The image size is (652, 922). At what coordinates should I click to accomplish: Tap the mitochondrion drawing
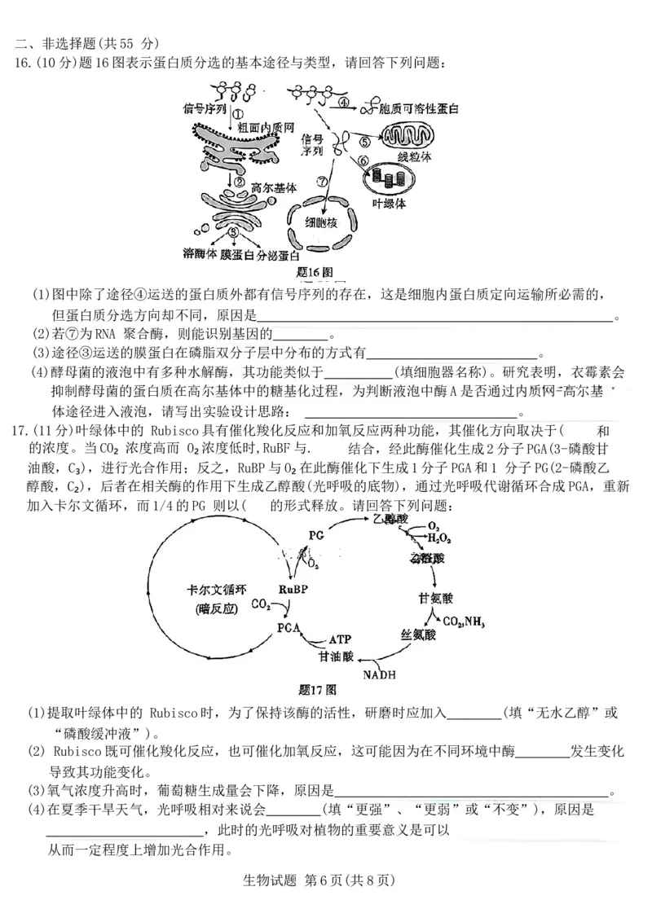pos(410,136)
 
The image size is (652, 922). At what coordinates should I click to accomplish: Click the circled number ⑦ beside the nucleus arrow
pos(323,180)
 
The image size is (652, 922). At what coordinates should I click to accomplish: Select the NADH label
pos(378,674)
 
